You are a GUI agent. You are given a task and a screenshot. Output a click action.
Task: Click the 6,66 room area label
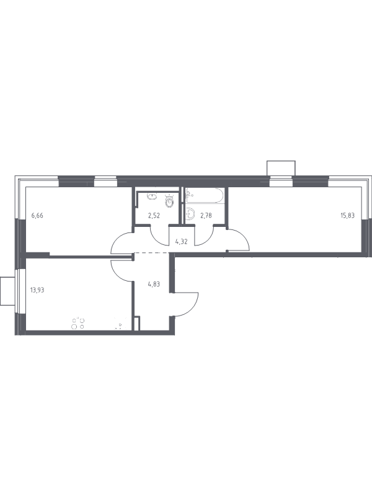click(x=37, y=216)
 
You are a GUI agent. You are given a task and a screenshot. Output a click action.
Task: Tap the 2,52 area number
click(x=154, y=216)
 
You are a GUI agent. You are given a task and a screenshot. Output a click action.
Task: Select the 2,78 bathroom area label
click(x=206, y=216)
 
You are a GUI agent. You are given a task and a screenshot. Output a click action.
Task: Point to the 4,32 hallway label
click(x=182, y=242)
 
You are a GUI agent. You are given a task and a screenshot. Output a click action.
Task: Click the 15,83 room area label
click(x=347, y=216)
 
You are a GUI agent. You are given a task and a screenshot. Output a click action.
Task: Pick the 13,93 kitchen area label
click(x=37, y=290)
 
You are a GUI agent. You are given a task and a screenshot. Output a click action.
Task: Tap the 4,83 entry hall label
click(x=153, y=284)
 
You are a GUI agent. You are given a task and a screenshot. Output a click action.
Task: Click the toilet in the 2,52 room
click(x=170, y=200)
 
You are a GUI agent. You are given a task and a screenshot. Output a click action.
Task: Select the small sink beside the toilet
click(x=153, y=197)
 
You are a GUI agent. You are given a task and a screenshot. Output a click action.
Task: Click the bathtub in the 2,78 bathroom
click(x=205, y=196)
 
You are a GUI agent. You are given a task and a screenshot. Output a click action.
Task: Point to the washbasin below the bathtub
click(x=191, y=215)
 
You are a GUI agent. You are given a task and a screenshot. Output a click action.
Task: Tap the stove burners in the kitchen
click(x=78, y=323)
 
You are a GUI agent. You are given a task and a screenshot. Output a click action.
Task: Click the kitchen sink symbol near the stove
click(x=120, y=325)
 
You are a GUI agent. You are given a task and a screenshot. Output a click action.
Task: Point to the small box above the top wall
click(x=281, y=168)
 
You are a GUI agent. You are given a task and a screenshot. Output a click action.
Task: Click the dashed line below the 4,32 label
click(x=152, y=253)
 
